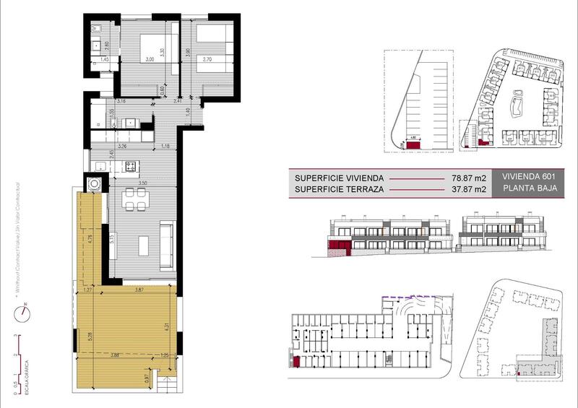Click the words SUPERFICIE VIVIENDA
pos(338,178)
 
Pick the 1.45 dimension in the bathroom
pos(104,60)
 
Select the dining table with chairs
pos(132,199)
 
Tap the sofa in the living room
pos(166,241)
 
